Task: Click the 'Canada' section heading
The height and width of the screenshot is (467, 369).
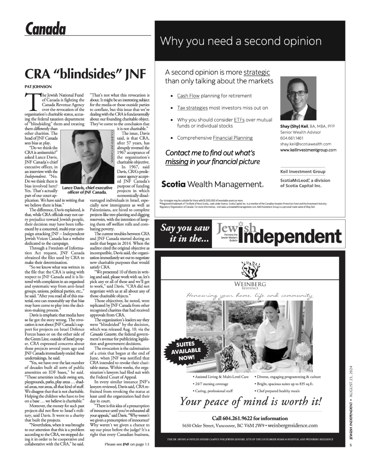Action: tap(45, 29)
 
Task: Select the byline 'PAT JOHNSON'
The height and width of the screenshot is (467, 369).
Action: tap(38, 87)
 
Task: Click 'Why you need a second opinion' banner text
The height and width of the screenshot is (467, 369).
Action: tap(241, 41)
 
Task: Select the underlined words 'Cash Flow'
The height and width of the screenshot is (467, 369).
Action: tap(188, 96)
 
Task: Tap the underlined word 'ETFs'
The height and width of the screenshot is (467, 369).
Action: tap(239, 120)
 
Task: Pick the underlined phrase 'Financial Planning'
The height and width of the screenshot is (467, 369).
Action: tap(233, 138)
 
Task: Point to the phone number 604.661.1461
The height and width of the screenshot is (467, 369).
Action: tap(291, 138)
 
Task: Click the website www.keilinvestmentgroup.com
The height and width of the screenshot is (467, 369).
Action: tap(308, 150)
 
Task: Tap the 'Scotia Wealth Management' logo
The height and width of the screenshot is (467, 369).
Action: tap(212, 184)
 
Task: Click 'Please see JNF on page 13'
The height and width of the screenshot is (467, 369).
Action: tap(127, 444)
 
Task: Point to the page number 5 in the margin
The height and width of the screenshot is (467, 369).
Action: tap(351, 445)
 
